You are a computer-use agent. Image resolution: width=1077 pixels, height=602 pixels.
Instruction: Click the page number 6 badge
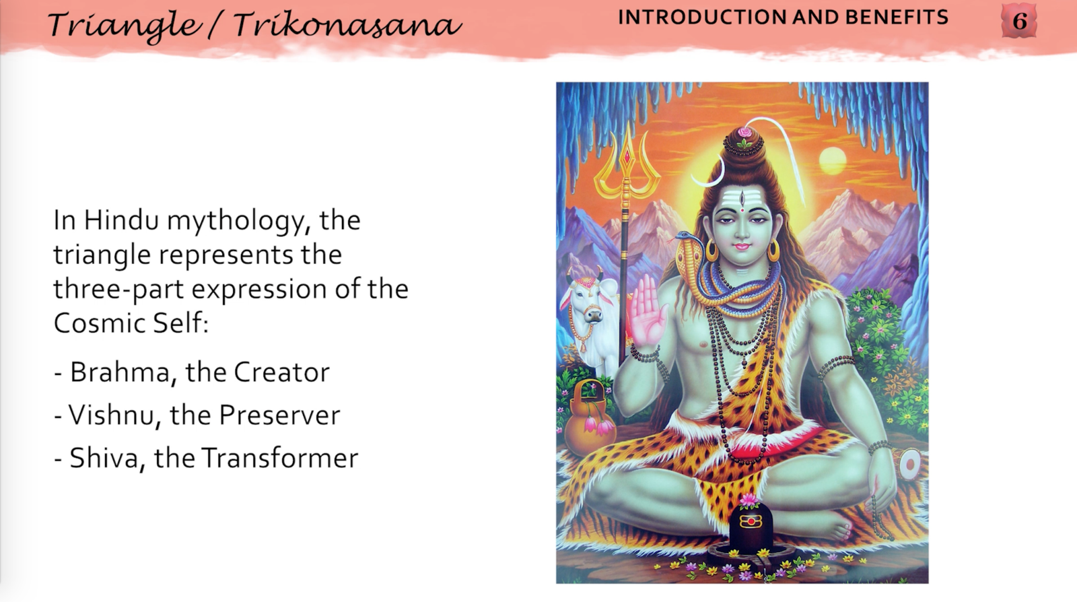[1019, 21]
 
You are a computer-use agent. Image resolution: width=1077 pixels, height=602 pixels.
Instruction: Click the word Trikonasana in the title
[347, 26]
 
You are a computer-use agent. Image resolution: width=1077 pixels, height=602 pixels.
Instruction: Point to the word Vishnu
[110, 415]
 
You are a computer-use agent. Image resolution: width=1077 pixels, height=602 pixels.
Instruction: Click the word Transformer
[279, 459]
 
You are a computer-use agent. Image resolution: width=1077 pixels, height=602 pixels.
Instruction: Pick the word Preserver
[279, 415]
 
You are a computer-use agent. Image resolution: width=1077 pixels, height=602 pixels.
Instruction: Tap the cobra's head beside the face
[687, 237]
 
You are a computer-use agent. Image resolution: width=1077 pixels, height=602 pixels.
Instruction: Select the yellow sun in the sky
[832, 162]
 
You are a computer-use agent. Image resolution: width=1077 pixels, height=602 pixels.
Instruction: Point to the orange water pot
[590, 422]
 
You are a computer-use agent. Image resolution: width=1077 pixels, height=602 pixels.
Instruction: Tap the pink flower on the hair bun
[744, 132]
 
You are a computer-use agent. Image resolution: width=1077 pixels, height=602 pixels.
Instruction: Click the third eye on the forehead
[741, 198]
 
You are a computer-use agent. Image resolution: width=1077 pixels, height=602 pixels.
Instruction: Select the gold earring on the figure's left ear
[773, 250]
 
